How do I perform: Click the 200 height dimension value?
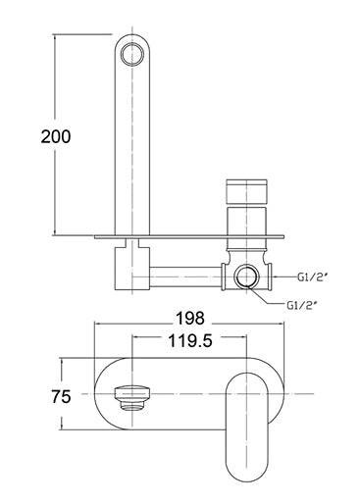(x=56, y=136)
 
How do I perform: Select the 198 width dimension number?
(x=190, y=318)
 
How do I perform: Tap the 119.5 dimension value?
(x=190, y=341)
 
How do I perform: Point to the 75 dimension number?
(x=61, y=396)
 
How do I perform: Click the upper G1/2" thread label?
(x=313, y=277)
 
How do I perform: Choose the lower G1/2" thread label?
(x=302, y=306)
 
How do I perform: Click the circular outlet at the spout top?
(x=131, y=53)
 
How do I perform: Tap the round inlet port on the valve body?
(x=246, y=277)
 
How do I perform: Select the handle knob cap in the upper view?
(x=246, y=191)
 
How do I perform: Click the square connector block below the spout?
(x=132, y=269)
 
